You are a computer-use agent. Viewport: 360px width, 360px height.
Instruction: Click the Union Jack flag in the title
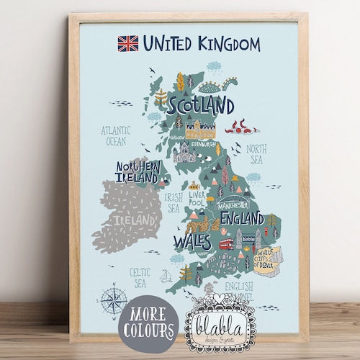click(127, 44)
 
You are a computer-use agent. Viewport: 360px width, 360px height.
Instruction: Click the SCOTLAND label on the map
click(201, 106)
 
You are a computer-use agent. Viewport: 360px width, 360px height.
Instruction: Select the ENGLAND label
click(241, 217)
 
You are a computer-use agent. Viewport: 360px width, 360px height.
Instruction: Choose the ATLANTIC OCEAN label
click(117, 136)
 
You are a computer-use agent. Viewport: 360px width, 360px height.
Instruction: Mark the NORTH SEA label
click(256, 154)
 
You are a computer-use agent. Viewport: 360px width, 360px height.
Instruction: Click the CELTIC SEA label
click(139, 279)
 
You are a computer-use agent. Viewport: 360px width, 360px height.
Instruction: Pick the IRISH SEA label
click(174, 202)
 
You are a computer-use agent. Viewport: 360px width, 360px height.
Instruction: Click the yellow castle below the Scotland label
click(201, 130)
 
